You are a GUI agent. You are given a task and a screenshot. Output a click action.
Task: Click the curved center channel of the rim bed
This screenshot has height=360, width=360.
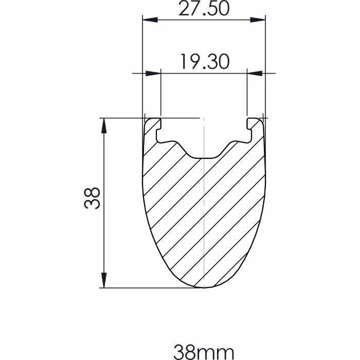pos(204,156)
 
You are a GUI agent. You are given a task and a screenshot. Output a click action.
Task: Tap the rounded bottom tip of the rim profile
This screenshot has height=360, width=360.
pos(204,286)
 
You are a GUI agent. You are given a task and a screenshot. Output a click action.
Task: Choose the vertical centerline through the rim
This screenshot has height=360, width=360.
pos(204,216)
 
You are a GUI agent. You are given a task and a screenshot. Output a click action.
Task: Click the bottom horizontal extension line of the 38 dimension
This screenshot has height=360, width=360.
pos(144,287)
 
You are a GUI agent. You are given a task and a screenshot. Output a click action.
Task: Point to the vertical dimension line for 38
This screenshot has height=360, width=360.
pos(104,237)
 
